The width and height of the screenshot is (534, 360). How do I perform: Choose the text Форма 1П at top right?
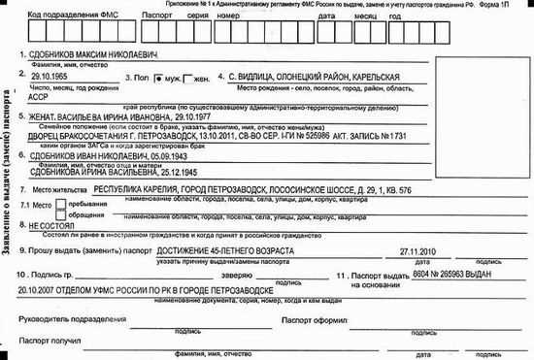(512, 6)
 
